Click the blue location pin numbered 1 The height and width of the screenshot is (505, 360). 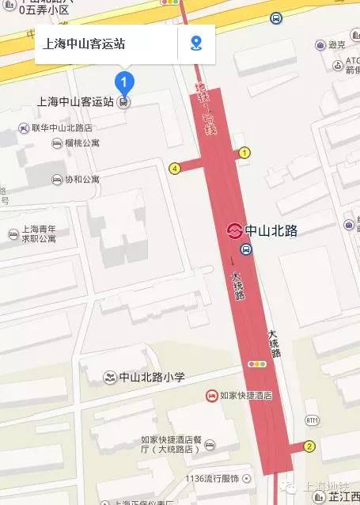[x=124, y=81]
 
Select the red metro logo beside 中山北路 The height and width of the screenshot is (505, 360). [x=233, y=231]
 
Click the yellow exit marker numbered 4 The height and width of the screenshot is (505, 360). [x=174, y=168]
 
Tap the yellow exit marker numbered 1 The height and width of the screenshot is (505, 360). [x=244, y=153]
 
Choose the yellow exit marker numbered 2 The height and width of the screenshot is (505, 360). [x=309, y=446]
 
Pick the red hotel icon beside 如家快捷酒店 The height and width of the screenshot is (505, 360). [x=211, y=395]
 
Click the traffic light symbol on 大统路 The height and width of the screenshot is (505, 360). [x=256, y=365]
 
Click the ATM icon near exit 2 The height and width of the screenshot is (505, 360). [x=313, y=420]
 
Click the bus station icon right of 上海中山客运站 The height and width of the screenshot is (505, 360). [x=124, y=101]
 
